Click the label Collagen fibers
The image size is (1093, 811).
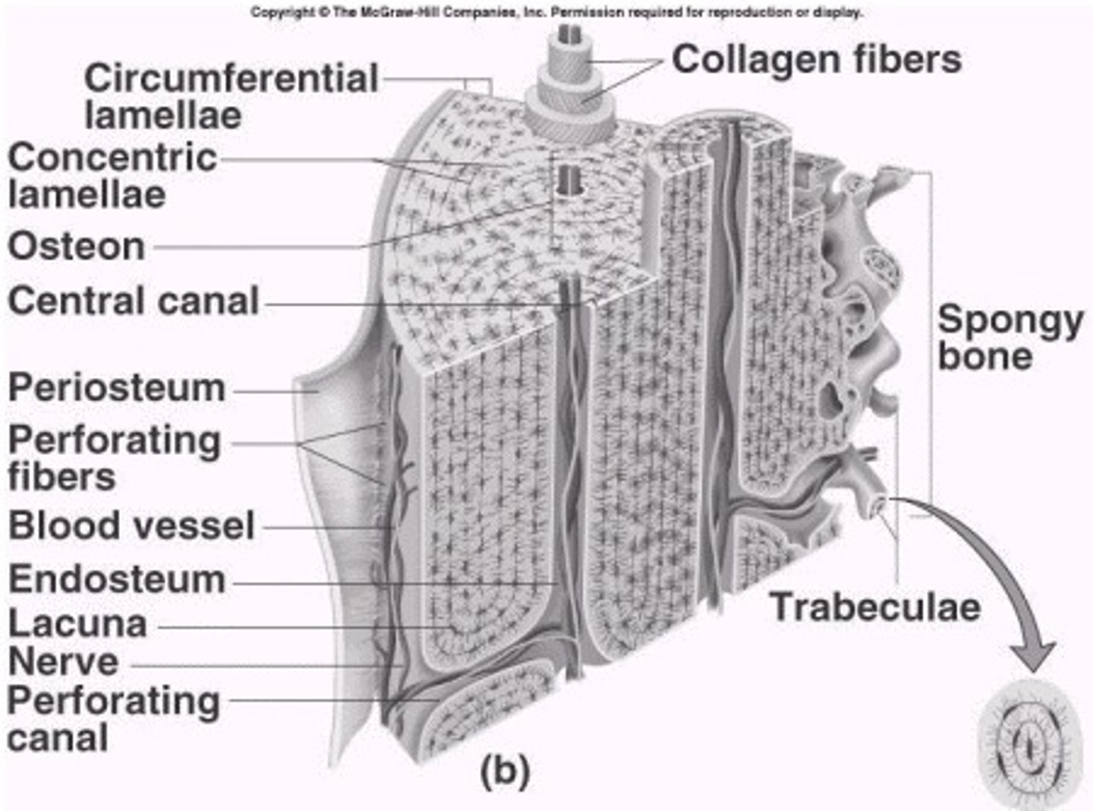(816, 59)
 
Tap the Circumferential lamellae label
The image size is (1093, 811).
(231, 96)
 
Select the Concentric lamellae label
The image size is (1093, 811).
(112, 176)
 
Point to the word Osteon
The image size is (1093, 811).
(77, 246)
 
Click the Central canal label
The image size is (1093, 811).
(134, 301)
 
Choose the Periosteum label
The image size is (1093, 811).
(117, 388)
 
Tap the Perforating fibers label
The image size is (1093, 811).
(114, 458)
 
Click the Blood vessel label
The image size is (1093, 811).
(131, 525)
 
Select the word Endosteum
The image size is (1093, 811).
(117, 579)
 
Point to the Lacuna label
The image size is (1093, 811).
(77, 623)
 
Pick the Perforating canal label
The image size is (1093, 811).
(114, 718)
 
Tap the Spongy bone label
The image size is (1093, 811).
(1010, 338)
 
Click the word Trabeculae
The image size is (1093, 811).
(875, 607)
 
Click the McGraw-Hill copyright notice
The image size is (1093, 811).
(556, 12)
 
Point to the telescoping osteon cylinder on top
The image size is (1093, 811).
(569, 84)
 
